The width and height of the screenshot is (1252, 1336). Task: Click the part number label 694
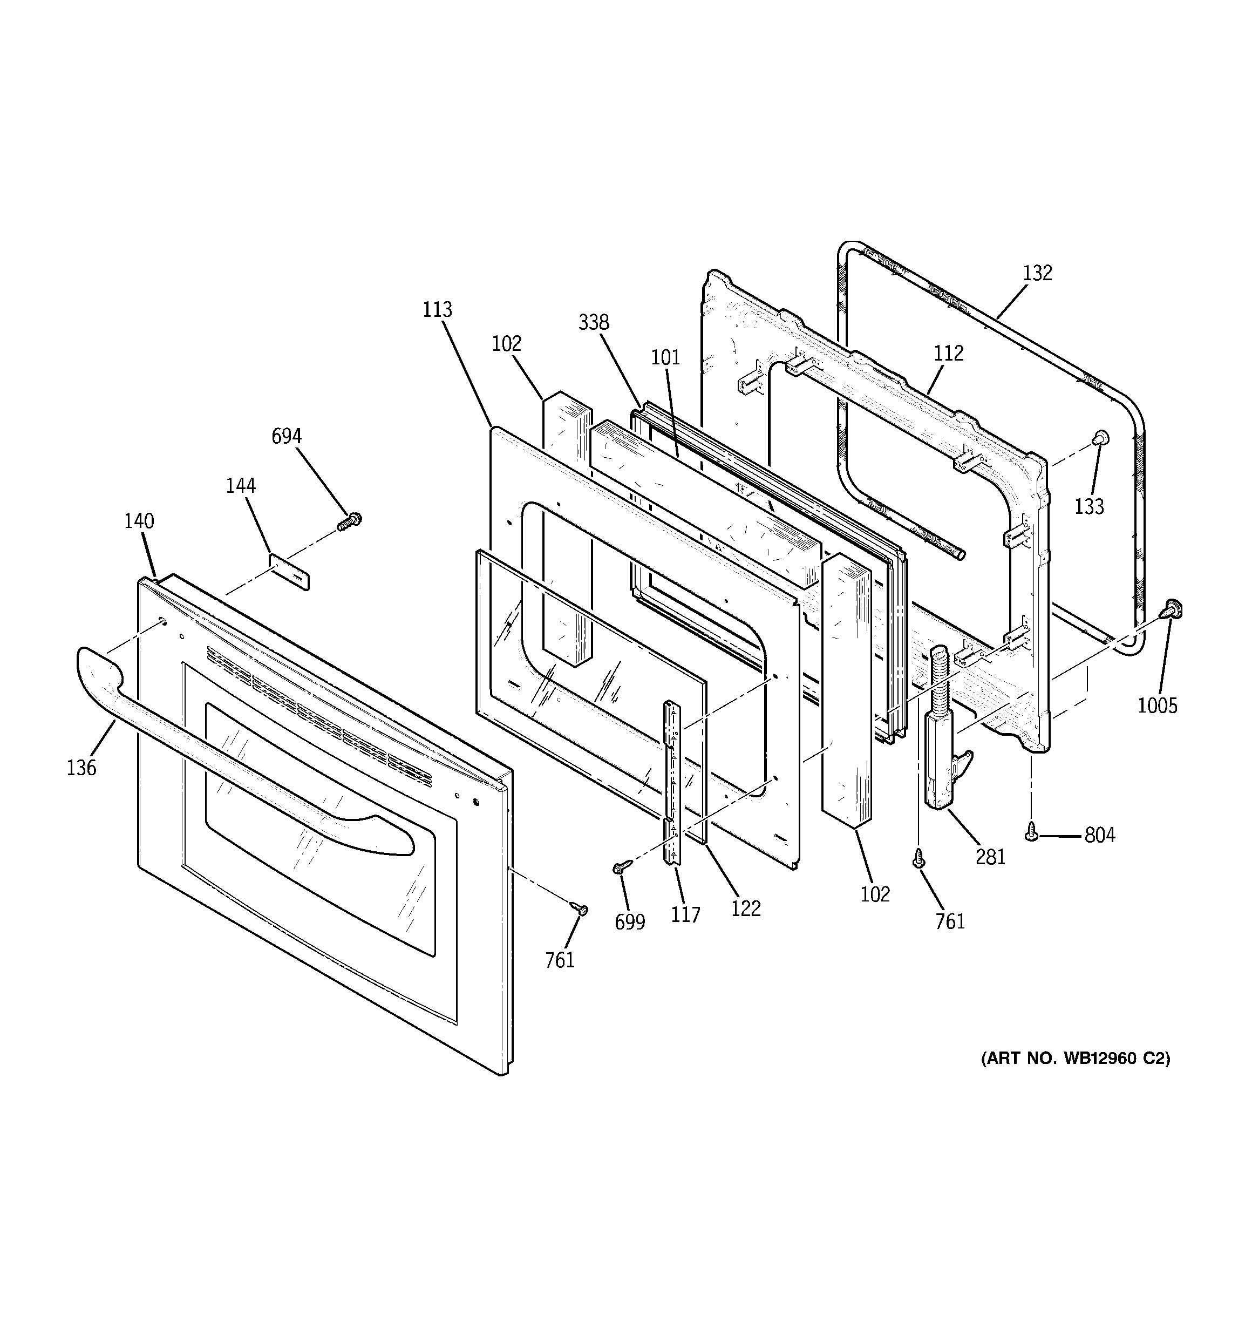tap(286, 436)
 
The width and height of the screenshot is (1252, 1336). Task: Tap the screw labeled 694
tap(349, 521)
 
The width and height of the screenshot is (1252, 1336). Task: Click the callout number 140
tap(139, 521)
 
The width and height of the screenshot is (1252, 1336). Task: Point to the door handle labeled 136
tap(222, 738)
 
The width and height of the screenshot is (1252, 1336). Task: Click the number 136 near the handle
tap(81, 768)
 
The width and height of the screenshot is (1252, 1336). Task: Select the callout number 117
tap(685, 914)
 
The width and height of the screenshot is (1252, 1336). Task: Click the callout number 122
tap(746, 908)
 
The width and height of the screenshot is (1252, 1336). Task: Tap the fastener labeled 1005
tap(1173, 609)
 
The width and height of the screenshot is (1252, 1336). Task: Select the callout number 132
tap(1037, 273)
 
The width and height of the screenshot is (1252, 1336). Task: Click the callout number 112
tap(948, 353)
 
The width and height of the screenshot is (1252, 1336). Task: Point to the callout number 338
tap(594, 323)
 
